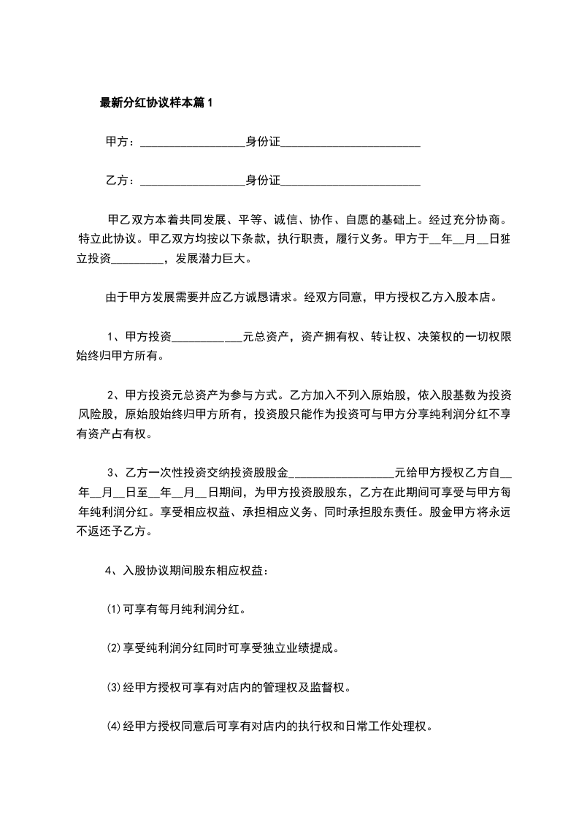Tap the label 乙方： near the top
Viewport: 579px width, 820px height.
120,181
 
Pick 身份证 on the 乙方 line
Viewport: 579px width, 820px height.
262,181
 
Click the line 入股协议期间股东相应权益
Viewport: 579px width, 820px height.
196,571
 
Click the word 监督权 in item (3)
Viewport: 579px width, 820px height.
333,688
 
